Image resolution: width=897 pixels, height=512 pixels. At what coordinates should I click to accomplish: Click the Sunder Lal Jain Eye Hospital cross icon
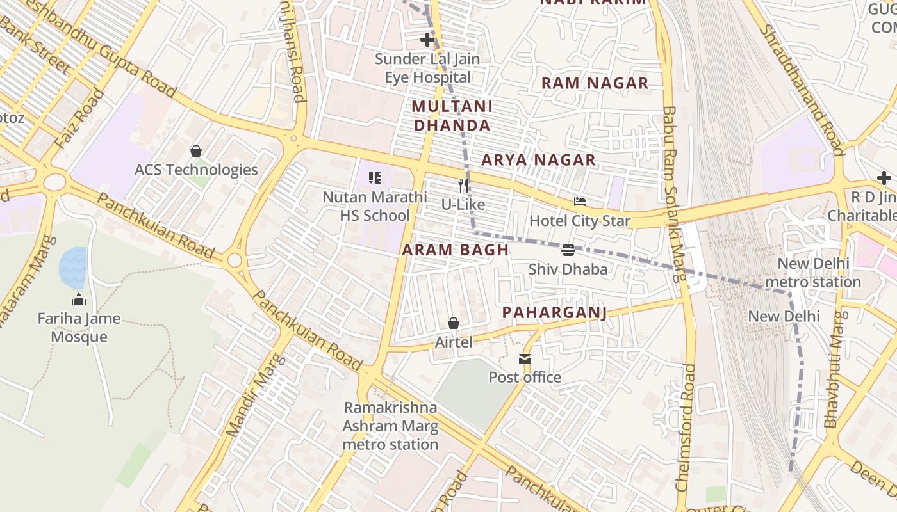click(x=427, y=40)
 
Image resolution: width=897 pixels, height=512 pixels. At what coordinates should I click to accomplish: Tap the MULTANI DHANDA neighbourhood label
click(x=452, y=116)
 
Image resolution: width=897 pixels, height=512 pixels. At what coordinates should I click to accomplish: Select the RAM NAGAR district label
click(x=595, y=83)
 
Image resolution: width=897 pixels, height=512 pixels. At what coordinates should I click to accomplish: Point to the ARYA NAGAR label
click(x=538, y=160)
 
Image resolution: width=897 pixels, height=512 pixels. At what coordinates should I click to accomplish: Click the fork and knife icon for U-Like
click(x=463, y=186)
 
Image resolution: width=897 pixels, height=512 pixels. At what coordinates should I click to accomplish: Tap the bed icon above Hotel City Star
click(x=580, y=202)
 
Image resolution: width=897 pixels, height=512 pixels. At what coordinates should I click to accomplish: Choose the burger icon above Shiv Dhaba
click(x=568, y=250)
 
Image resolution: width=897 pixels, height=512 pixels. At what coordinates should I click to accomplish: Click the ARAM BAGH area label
click(x=456, y=250)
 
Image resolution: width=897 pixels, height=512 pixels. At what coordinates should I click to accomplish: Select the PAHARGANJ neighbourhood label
click(x=554, y=312)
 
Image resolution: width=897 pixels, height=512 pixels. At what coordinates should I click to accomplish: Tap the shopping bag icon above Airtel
click(x=454, y=323)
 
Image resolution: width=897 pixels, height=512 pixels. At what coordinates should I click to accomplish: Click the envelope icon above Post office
click(x=525, y=358)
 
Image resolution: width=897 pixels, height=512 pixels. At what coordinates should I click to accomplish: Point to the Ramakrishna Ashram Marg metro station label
click(x=390, y=426)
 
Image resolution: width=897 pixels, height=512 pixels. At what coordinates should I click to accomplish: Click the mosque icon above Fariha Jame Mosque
click(x=79, y=300)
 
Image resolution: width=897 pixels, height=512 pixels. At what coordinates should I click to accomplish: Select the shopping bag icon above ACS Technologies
click(x=196, y=151)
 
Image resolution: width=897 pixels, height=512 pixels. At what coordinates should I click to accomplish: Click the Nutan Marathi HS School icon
click(x=375, y=178)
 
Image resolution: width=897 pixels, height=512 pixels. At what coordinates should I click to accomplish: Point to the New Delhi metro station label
click(x=813, y=273)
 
